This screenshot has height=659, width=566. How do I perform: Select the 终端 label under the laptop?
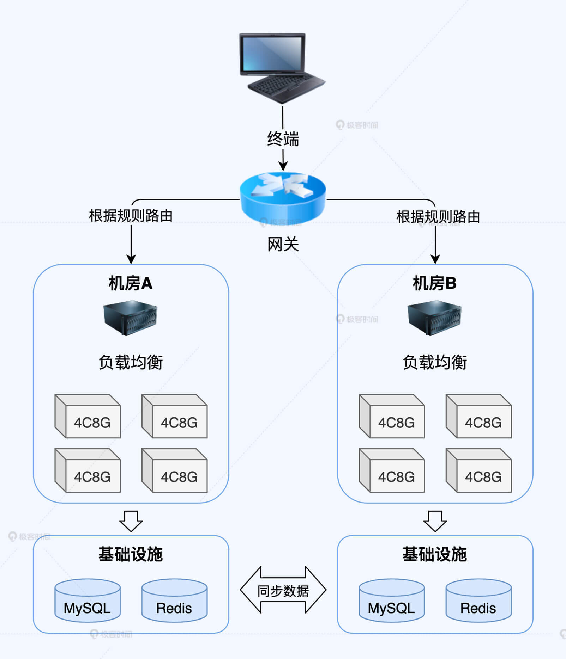tap(283, 138)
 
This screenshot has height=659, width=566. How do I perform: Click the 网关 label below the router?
tap(283, 244)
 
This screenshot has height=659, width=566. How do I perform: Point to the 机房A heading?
tap(131, 283)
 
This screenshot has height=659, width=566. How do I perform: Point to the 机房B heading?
tap(435, 283)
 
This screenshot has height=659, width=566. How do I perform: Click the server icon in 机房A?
tap(130, 318)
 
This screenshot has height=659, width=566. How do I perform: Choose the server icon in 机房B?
tap(434, 318)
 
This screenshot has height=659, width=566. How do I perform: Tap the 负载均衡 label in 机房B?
tap(435, 362)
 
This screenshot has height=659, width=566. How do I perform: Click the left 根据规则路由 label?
tap(131, 216)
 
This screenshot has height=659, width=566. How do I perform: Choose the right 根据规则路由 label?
tap(438, 217)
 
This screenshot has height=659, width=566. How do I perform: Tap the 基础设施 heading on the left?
tap(131, 554)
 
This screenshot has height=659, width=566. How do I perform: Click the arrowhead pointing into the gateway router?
tap(283, 166)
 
